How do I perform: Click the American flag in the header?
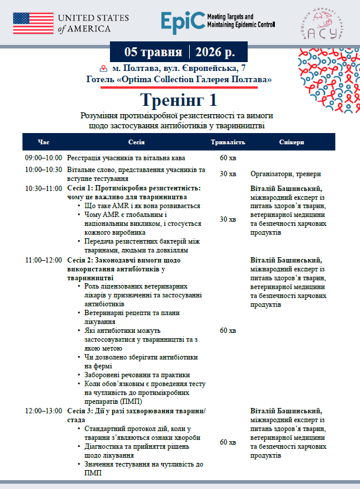click(x=34, y=22)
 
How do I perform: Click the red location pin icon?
click(x=104, y=69)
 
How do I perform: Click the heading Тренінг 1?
click(x=180, y=98)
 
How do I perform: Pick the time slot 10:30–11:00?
click(x=43, y=188)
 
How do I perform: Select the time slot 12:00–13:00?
click(x=43, y=411)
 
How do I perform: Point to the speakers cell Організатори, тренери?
click(x=286, y=174)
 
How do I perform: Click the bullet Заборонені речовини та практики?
click(x=137, y=375)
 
